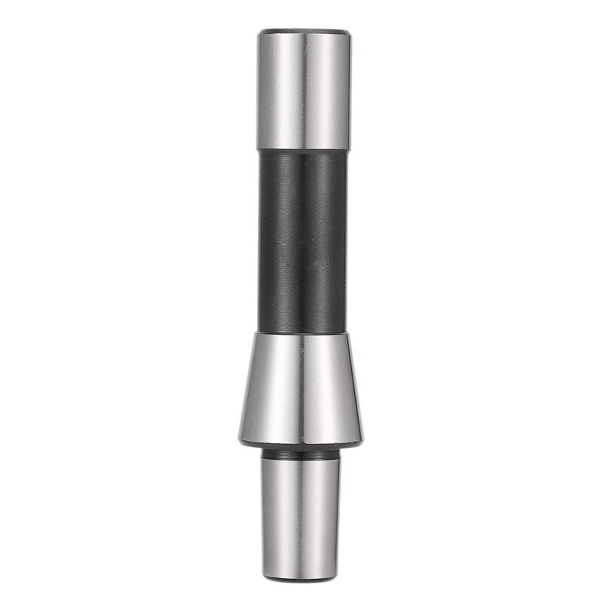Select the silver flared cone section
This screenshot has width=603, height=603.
[x=305, y=388]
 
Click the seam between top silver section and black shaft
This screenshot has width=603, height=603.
[x=305, y=149]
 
